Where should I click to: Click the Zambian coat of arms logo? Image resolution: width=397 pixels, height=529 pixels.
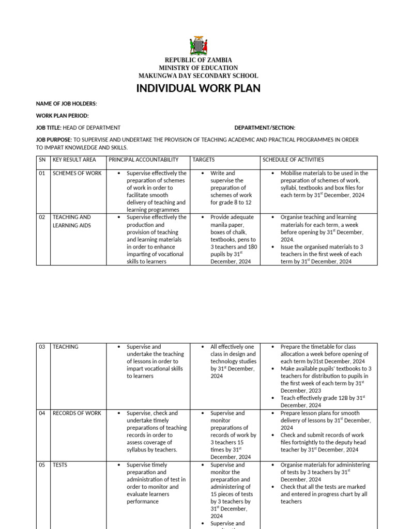coord(198,45)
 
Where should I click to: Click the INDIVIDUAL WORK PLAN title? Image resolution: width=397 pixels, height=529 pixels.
coord(198,88)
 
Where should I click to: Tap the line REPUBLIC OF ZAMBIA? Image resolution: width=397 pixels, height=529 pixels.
coord(198,60)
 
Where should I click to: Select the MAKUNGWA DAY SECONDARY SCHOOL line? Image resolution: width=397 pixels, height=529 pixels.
coord(198,75)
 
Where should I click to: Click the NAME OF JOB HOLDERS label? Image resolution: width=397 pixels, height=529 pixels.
coord(66,104)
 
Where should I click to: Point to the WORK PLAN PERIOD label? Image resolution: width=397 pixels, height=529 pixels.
coord(62,116)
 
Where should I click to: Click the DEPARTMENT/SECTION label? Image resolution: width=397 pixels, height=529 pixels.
coord(265,128)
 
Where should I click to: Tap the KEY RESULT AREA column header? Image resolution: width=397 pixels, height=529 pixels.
coord(74,160)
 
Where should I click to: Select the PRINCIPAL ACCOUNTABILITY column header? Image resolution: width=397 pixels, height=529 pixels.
coord(144,160)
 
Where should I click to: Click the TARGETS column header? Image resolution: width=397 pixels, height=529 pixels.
coord(204,160)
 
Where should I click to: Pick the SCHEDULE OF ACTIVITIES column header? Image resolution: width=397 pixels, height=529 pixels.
coord(293,160)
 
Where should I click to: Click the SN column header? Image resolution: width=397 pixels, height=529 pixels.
coord(42,160)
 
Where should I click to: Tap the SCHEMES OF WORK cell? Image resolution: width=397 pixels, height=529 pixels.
coord(77,174)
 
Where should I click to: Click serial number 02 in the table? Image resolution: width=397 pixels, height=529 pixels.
coord(42,217)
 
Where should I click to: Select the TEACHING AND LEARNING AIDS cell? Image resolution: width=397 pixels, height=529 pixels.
coord(72,221)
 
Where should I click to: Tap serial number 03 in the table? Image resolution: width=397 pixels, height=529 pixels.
coord(42,347)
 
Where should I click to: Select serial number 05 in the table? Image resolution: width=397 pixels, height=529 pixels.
coord(42,465)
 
